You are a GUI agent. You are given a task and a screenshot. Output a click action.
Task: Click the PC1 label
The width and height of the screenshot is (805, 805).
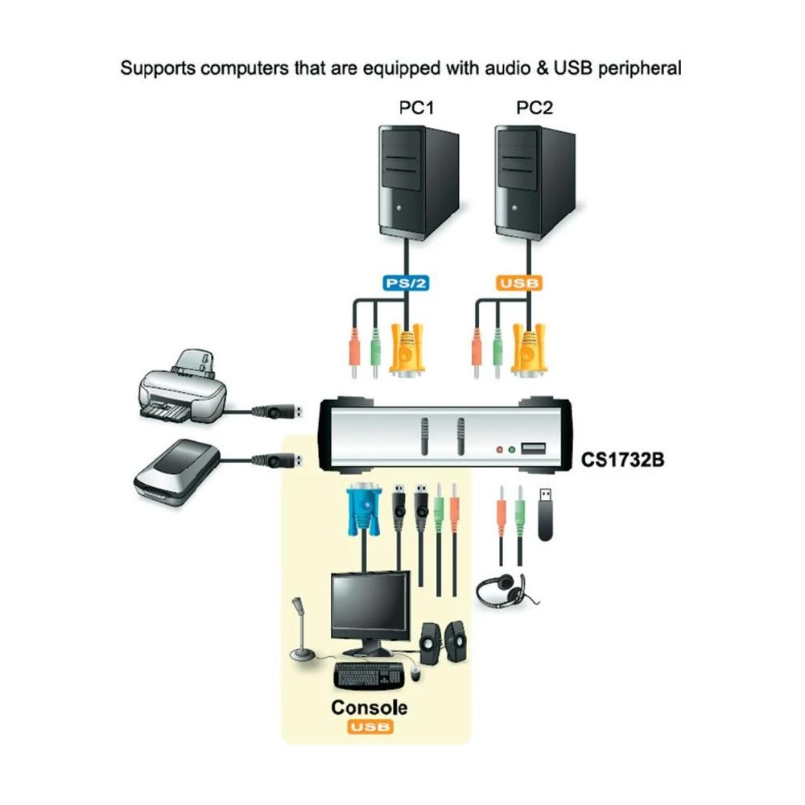tap(417, 108)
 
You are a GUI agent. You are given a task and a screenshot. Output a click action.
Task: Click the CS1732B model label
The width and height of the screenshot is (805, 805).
tap(617, 461)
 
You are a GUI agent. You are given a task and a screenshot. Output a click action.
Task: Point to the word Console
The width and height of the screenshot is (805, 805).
tap(369, 708)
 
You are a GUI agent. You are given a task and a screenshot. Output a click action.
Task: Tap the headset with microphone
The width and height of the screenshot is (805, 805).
tap(504, 590)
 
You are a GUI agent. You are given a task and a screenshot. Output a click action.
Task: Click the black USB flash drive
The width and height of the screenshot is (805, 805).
tap(547, 514)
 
